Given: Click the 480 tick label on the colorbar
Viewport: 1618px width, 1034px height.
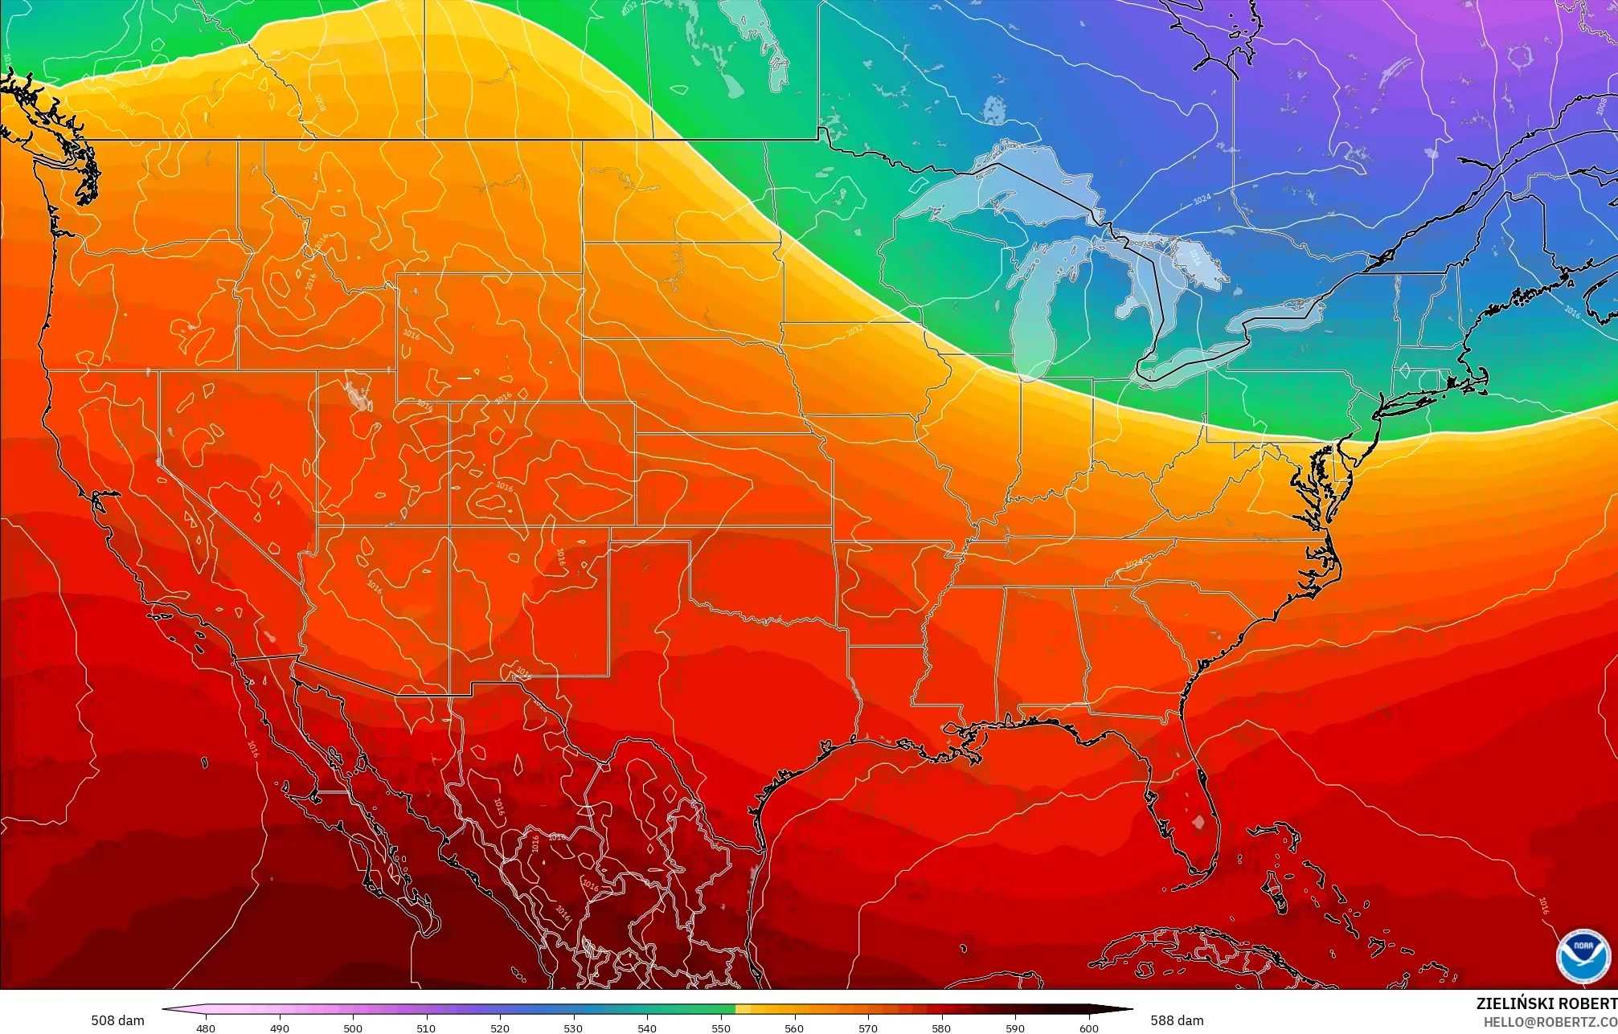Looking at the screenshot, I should pos(205,1028).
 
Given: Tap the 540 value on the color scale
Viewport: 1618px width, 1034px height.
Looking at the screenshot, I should pos(646,1028).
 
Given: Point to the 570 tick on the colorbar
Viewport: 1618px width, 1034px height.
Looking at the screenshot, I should pos(867,1028).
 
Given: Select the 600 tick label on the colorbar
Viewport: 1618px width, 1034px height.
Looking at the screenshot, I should pos(1088,1028).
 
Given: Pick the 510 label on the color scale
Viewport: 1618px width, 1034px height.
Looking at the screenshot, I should pos(426,1028).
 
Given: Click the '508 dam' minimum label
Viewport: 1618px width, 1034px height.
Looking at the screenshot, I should pos(117,1020).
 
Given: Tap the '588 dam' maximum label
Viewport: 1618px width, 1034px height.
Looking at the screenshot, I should pos(1177,1020).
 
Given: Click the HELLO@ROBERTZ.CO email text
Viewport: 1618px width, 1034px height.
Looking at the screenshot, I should pos(1550,1021).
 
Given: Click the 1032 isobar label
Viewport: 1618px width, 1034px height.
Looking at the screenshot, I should pos(854,330).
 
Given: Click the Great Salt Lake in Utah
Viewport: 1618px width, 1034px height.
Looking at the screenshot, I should pos(354,394).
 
